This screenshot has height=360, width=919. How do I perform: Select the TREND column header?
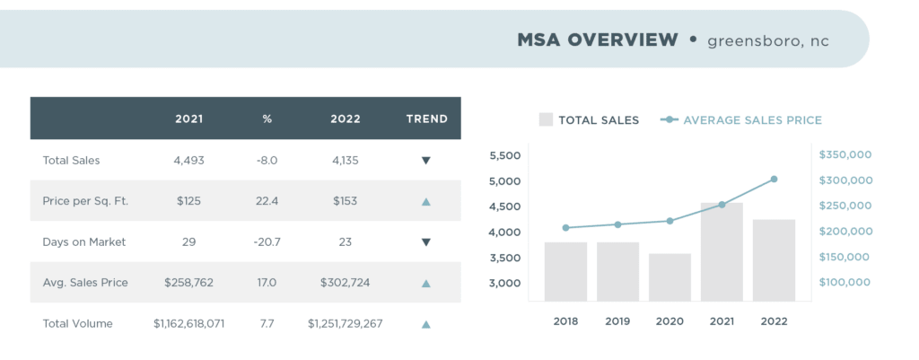tap(426, 119)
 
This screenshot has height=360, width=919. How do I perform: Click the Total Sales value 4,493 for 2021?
tap(188, 161)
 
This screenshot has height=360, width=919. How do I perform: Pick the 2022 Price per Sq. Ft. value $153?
tap(345, 201)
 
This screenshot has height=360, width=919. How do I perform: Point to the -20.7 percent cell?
tap(267, 241)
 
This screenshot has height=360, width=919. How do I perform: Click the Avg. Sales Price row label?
tap(85, 283)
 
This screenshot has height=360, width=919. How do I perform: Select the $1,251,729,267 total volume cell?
tap(345, 323)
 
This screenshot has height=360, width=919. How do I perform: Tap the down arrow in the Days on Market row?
tap(426, 242)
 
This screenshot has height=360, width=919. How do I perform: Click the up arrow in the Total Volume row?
tap(426, 324)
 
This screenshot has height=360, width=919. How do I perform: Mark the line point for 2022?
tap(774, 180)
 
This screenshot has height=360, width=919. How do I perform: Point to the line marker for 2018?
tap(565, 228)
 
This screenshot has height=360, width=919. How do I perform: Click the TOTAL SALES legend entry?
tap(589, 119)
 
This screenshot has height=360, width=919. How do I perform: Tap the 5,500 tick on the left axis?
tap(505, 155)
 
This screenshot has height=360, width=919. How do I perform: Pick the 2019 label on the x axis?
tap(617, 320)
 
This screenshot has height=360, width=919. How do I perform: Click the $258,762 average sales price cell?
tap(188, 283)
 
